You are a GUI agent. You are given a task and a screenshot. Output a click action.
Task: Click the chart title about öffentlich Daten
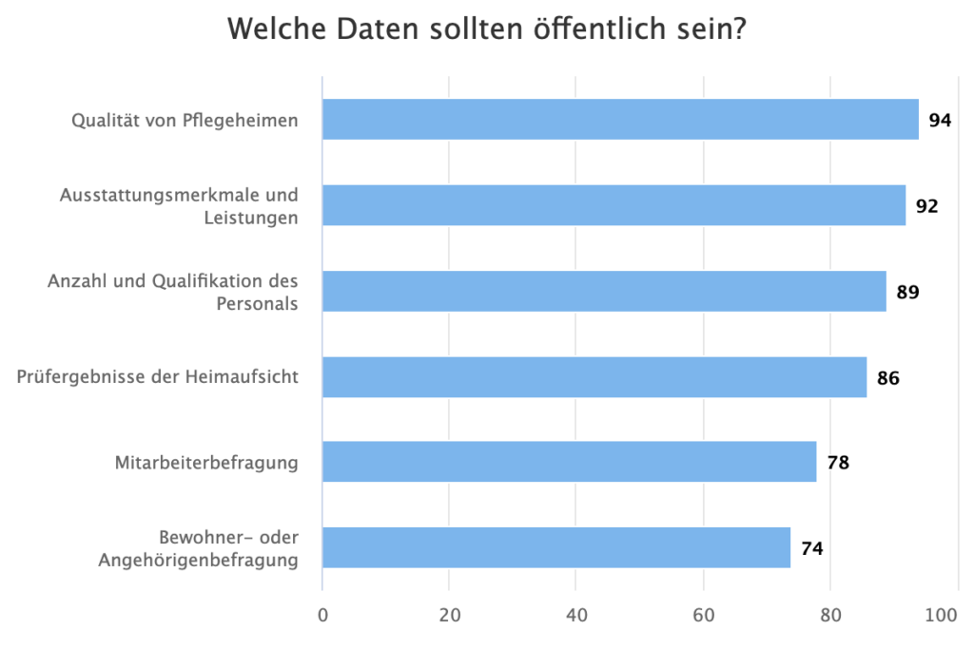point(486,30)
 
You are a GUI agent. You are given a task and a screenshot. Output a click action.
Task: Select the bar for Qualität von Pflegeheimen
point(620,120)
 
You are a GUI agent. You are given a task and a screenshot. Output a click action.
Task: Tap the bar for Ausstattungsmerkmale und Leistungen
point(614,205)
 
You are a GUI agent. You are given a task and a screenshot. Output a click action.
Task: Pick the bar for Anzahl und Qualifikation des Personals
point(604,291)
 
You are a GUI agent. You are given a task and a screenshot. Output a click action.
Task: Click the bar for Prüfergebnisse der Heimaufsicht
point(594,377)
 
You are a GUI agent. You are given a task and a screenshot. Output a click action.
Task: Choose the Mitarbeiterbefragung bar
point(569,462)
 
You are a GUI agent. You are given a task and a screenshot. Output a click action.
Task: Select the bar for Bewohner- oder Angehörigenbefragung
point(556,547)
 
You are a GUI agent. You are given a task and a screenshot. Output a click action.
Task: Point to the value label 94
point(941,121)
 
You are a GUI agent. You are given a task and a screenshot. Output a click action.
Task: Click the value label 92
point(927,206)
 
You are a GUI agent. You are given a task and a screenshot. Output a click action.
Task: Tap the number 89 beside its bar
point(907,292)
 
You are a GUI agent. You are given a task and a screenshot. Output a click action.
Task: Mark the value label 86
point(888,378)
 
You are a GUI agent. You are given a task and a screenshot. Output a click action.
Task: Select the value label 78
point(838,464)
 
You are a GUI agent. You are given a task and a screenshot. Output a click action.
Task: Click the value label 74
point(811,549)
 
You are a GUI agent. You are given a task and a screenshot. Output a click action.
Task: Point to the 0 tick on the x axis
point(322,616)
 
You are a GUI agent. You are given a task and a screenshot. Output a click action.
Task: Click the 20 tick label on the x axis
point(450,616)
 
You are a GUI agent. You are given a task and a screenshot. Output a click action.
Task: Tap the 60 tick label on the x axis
point(704,616)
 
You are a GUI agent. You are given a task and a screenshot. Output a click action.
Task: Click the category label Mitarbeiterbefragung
point(206,463)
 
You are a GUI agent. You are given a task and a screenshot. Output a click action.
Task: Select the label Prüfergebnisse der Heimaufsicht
point(158,377)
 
